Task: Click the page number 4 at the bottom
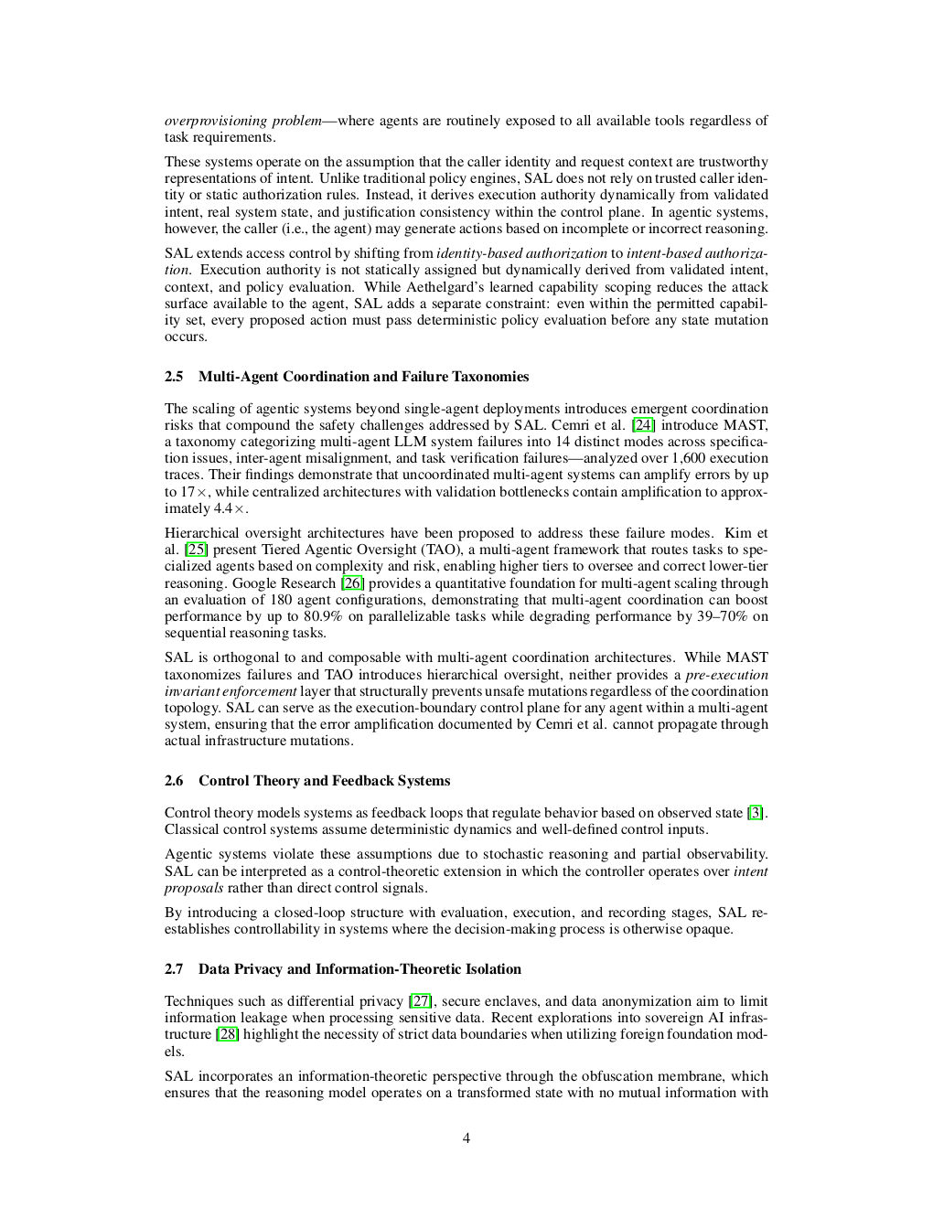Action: (x=466, y=1138)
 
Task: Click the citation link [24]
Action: (x=644, y=425)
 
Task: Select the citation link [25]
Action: (x=196, y=550)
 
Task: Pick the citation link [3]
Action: (x=756, y=813)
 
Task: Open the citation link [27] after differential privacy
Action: (x=421, y=1001)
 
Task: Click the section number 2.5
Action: (x=174, y=377)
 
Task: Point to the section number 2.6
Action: (x=174, y=781)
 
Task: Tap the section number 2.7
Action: (x=174, y=969)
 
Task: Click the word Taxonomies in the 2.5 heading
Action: (x=495, y=377)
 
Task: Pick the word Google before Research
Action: (x=254, y=583)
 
